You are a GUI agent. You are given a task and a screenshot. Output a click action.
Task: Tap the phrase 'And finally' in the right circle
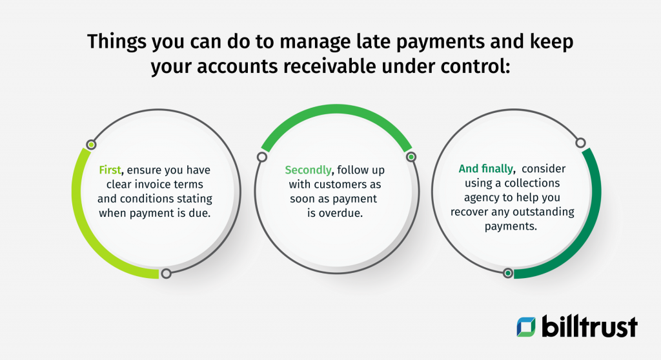(486, 169)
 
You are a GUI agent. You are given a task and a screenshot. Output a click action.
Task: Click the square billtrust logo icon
(527, 326)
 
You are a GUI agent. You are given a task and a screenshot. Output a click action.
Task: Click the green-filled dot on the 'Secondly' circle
(410, 157)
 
